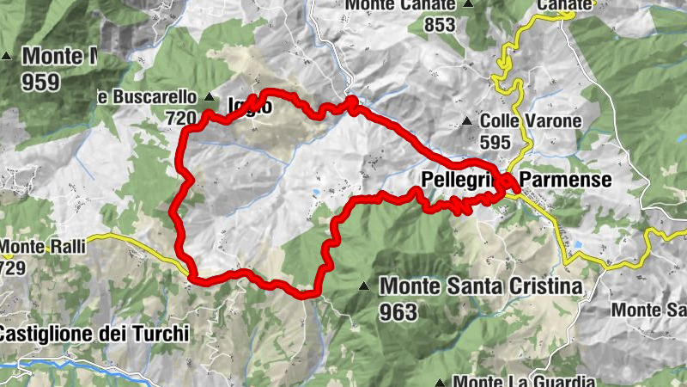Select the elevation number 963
coord(397,310)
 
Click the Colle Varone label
coord(531,121)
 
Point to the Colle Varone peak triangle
coord(466,121)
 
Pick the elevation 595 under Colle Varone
coord(495,142)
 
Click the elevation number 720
coord(179,116)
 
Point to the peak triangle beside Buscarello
coord(209,96)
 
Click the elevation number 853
coord(439,25)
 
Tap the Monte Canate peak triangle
coord(468,4)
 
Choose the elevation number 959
coord(41,83)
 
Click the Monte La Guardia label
coord(525,381)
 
